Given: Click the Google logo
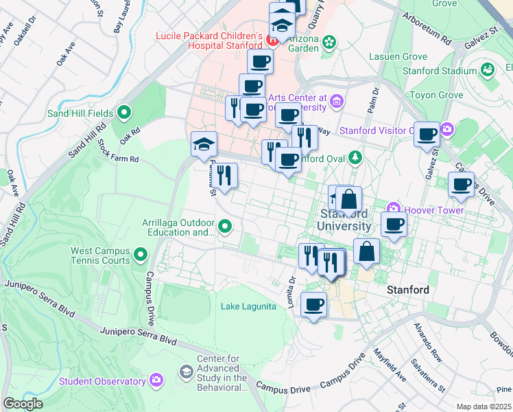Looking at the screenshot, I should [23, 404].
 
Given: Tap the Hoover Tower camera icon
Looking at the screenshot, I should [394, 207].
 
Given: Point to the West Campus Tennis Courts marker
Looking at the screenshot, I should [141, 255].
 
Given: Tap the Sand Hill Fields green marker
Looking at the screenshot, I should [124, 111].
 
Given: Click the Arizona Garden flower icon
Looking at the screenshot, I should [330, 43].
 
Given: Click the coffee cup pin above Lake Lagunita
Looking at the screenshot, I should [314, 304].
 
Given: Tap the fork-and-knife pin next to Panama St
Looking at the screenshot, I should [224, 176].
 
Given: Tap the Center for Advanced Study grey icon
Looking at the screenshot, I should [186, 372].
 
